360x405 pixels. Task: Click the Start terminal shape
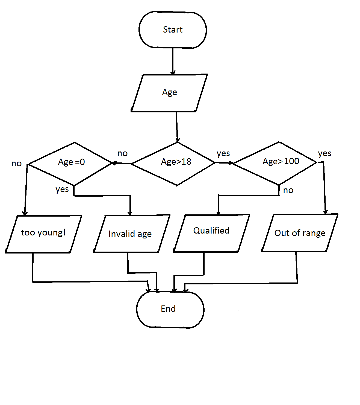pos(173,30)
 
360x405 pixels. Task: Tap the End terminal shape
pos(170,309)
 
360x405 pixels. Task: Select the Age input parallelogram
pos(169,93)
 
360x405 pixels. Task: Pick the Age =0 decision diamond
pos(70,163)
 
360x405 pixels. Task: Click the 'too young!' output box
pos(43,234)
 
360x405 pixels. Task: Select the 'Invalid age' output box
pos(131,234)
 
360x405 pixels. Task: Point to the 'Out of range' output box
pos(300,233)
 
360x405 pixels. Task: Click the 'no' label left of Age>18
pos(122,153)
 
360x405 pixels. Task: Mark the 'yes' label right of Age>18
pos(223,153)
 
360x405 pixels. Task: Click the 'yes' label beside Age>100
pos(324,153)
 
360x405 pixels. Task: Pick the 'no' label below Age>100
pos(288,190)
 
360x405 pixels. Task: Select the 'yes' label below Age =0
pos(62,189)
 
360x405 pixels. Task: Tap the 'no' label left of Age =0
pos(16,164)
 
